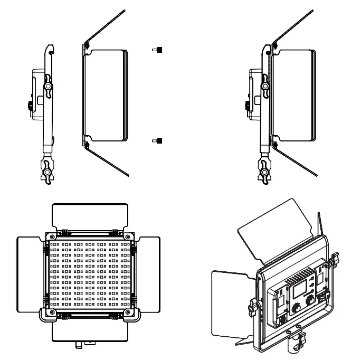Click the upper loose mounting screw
[x=157, y=50]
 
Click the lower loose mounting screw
[x=157, y=140]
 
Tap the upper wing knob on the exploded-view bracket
[x=49, y=85]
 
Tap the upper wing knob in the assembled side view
[x=265, y=85]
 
